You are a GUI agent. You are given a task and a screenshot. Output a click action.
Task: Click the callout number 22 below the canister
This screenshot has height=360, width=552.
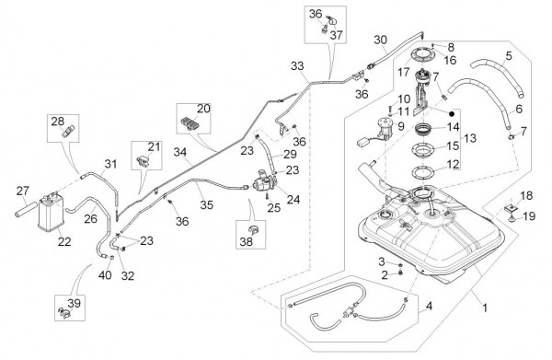pyautogui.click(x=64, y=241)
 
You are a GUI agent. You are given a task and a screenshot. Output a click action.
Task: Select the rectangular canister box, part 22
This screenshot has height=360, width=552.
pyautogui.click(x=51, y=214)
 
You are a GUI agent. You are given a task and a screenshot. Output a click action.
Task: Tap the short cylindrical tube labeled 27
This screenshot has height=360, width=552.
pyautogui.click(x=26, y=209)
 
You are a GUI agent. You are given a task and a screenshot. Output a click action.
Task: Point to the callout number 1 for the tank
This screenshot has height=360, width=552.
pyautogui.click(x=485, y=308)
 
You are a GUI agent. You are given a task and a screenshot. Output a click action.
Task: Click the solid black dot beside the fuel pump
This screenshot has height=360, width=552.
pyautogui.click(x=452, y=114)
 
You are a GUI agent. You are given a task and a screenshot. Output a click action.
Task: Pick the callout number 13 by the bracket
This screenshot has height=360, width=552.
pyautogui.click(x=470, y=138)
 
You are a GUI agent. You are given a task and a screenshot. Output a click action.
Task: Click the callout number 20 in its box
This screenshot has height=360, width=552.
pyautogui.click(x=203, y=109)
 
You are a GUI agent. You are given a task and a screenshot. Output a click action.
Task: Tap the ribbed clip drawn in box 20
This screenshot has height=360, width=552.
pyautogui.click(x=189, y=123)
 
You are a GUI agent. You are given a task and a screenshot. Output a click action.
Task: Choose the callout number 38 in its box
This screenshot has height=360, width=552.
pyautogui.click(x=246, y=241)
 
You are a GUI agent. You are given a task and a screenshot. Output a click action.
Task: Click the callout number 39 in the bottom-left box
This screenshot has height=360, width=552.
pyautogui.click(x=74, y=303)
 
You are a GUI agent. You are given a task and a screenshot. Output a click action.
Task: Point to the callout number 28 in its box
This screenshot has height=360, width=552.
pyautogui.click(x=58, y=122)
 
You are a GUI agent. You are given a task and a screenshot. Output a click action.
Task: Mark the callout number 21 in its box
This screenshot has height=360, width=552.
pyautogui.click(x=154, y=146)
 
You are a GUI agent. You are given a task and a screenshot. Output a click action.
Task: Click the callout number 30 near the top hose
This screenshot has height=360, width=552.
pyautogui.click(x=380, y=41)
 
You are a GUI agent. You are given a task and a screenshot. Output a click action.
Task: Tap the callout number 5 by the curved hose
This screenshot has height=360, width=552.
pyautogui.click(x=509, y=55)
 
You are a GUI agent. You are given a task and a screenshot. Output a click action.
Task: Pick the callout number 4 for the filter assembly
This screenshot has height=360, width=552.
pyautogui.click(x=429, y=306)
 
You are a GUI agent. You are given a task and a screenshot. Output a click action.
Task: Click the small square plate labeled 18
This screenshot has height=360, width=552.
pyautogui.click(x=510, y=208)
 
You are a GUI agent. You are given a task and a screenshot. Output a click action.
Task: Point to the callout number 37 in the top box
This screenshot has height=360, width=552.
pyautogui.click(x=336, y=35)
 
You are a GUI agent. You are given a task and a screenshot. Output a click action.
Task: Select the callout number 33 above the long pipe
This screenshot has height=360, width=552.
pyautogui.click(x=297, y=66)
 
